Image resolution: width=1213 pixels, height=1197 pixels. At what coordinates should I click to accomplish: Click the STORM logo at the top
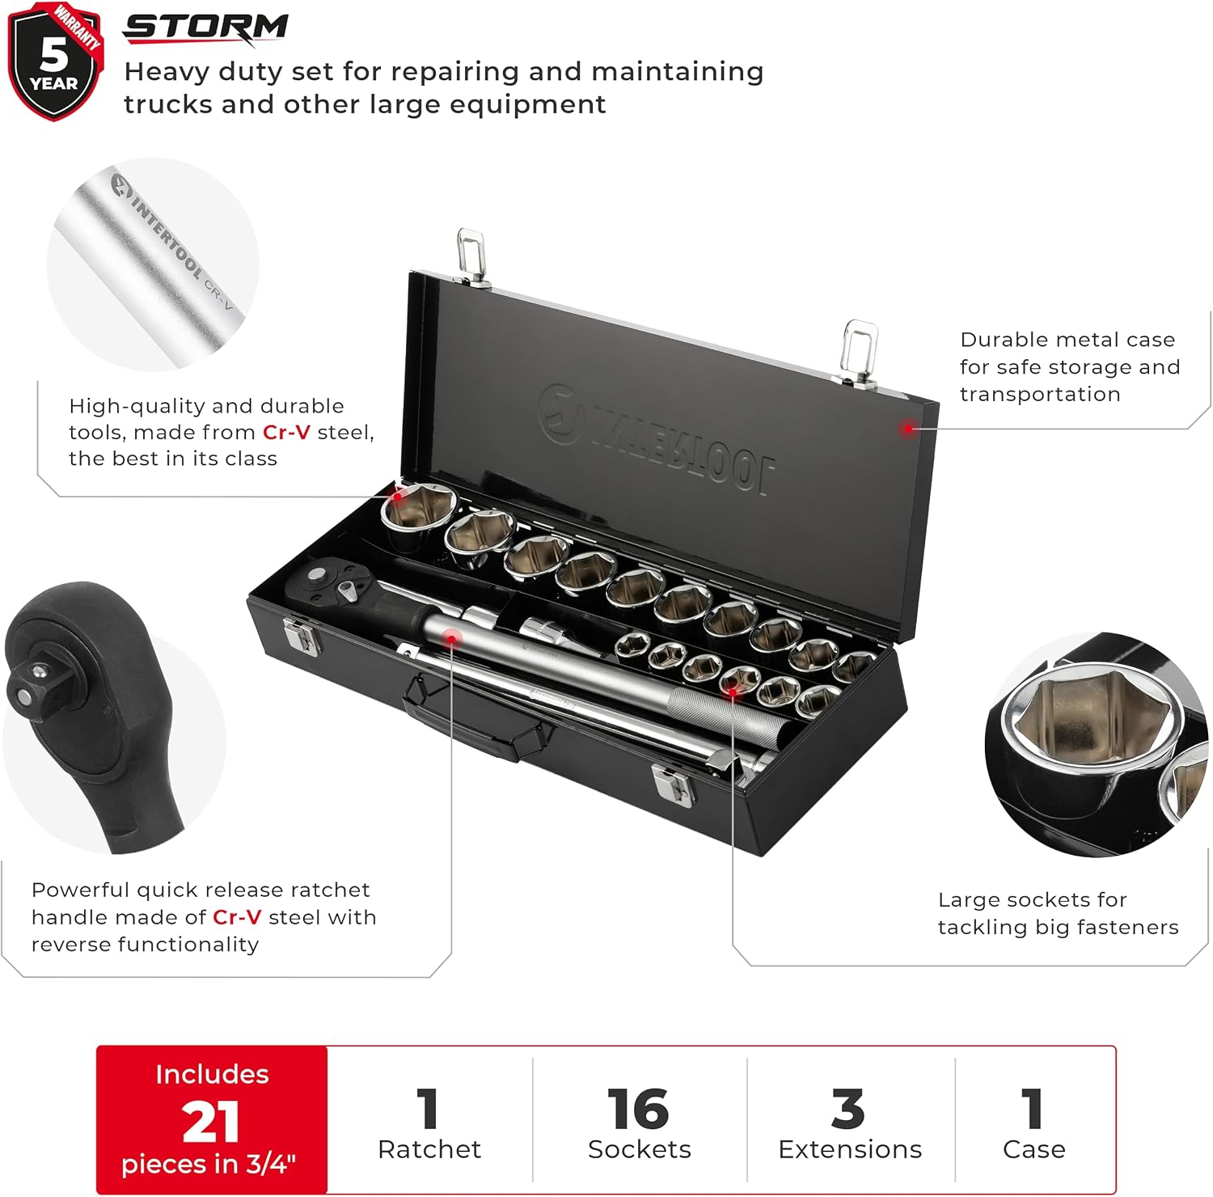click(205, 27)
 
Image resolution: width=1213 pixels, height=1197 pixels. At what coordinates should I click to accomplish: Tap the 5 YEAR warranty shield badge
click(54, 61)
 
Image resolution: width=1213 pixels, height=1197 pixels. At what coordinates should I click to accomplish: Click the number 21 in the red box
click(211, 1122)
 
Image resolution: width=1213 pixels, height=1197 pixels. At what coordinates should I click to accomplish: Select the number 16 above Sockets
click(638, 1109)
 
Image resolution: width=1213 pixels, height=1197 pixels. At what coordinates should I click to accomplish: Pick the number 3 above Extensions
click(848, 1109)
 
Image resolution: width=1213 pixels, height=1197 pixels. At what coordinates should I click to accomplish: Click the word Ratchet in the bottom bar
click(429, 1149)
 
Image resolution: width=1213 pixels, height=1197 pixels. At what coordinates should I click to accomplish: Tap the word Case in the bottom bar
click(1033, 1149)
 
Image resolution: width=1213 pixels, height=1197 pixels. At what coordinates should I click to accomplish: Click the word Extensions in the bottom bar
click(850, 1149)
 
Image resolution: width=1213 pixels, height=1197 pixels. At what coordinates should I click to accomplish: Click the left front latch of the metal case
click(301, 635)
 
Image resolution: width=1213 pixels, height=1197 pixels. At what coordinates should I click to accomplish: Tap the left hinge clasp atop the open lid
click(471, 256)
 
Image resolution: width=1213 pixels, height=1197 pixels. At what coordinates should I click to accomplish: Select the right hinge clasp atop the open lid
click(859, 353)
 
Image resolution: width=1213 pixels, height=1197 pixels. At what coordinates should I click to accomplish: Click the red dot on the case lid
click(909, 429)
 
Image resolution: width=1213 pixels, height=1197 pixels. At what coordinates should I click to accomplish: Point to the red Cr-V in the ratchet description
click(237, 917)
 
